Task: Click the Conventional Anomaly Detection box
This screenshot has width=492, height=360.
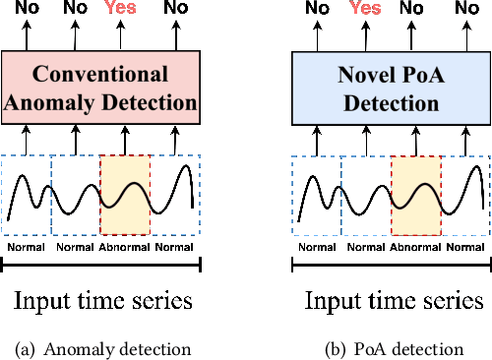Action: tap(101, 89)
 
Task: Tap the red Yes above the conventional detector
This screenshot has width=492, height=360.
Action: tap(120, 10)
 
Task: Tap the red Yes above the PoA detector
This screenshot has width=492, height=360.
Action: tap(365, 10)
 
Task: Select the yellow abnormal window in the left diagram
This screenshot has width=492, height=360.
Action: tap(125, 194)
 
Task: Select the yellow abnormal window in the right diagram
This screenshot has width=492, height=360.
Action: tap(415, 194)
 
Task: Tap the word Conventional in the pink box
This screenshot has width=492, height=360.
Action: tap(101, 74)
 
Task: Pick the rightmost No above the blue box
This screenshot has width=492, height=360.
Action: tap(461, 10)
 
